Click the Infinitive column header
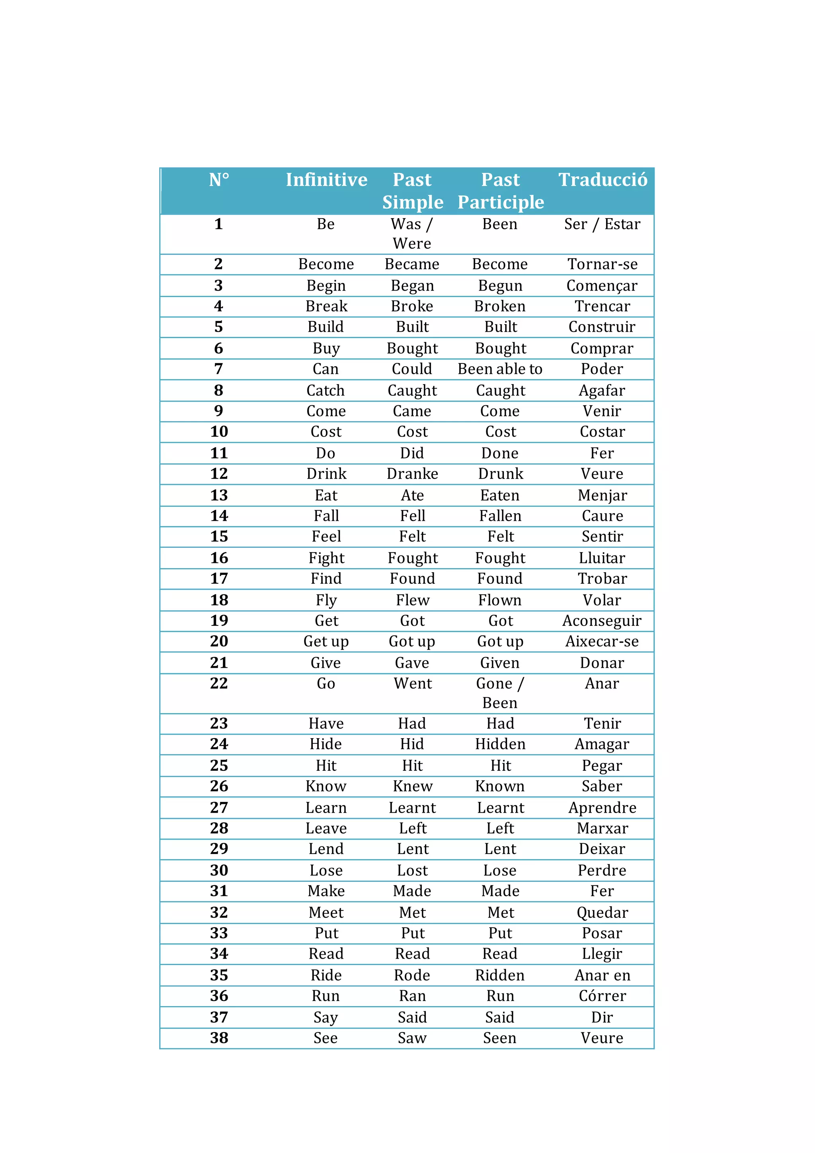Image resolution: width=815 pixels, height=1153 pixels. coord(326,180)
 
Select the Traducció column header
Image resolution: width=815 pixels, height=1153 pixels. coord(603,180)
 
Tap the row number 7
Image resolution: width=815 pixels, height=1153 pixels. coord(218,369)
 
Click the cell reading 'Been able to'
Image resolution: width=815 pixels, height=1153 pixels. coord(500,369)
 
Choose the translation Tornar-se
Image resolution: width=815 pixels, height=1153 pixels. coord(602,264)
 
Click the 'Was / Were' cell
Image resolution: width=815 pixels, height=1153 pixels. coord(412,234)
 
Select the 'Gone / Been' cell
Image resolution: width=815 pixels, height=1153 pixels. coord(500,693)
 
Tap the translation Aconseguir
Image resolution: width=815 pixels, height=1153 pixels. coord(602,621)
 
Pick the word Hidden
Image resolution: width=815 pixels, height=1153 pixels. coord(500,744)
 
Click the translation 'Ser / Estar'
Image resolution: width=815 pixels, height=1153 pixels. coord(602,224)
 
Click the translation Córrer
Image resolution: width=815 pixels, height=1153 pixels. coord(602,996)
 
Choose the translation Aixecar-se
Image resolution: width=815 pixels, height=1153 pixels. coord(602,641)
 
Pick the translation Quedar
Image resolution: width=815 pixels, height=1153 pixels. coord(602,913)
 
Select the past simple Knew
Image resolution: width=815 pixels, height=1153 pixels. coord(413,786)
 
